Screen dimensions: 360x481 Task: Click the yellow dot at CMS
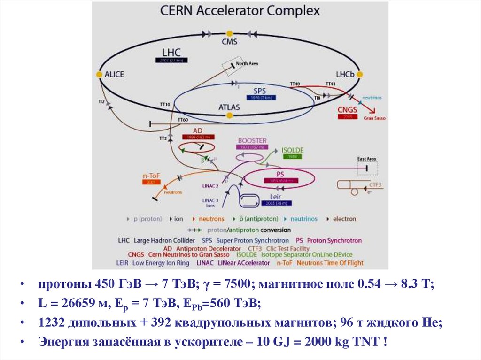point(229,34)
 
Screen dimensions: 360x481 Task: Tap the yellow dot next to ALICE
point(99,74)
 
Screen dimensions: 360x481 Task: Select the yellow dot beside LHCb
point(360,74)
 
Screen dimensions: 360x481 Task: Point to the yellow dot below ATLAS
point(229,115)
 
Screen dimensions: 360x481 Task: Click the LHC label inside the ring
point(171,52)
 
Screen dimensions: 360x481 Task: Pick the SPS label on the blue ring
point(260,91)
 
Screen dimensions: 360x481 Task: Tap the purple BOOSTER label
point(252,140)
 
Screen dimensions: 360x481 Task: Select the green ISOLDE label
point(293,150)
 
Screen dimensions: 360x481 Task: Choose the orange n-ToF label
point(151,176)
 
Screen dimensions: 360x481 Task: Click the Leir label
point(275,196)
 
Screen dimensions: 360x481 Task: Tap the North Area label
point(247,63)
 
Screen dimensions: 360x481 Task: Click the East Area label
point(367,159)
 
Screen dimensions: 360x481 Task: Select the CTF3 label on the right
point(376,184)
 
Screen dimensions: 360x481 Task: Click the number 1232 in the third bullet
point(52,323)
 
